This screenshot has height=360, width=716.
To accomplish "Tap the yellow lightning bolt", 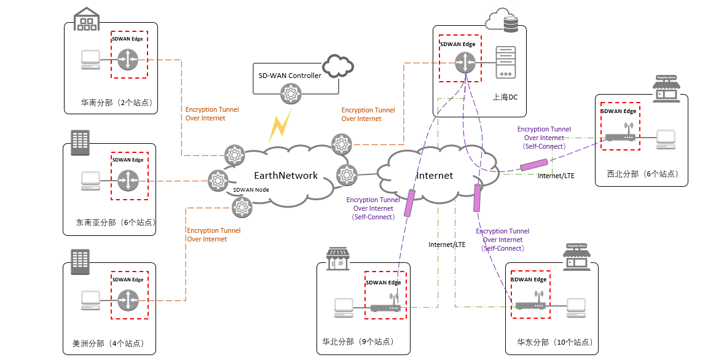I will (x=279, y=125).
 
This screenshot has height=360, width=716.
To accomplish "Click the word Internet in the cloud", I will (x=435, y=176).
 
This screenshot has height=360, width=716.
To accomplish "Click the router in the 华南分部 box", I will (x=128, y=60).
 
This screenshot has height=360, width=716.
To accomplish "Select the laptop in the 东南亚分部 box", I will (x=91, y=181).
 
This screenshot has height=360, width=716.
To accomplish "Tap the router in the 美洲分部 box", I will (x=128, y=300).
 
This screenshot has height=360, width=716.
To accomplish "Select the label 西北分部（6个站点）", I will (x=642, y=174).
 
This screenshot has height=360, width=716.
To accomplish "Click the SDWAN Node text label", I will (x=251, y=190).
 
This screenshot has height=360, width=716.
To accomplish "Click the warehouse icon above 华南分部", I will (x=86, y=20).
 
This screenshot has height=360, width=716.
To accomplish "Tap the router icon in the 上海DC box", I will (x=466, y=61).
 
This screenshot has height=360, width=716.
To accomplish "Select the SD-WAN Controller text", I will (x=290, y=76).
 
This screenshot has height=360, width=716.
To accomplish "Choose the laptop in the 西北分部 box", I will (x=666, y=139).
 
